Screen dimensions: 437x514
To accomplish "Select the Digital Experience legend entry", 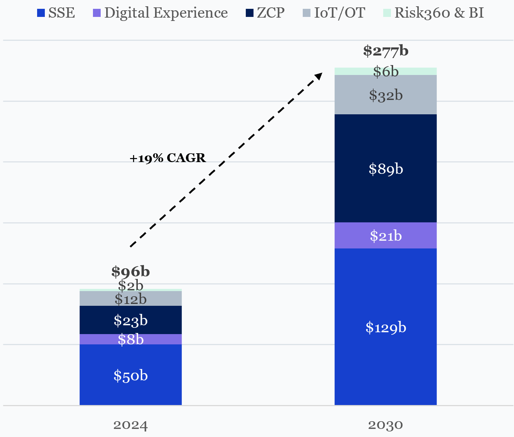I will click(x=161, y=13).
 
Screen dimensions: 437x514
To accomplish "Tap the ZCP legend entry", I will click(x=265, y=13).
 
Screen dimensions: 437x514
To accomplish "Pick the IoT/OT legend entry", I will click(x=334, y=13).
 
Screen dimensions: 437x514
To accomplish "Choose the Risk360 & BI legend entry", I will click(x=434, y=13).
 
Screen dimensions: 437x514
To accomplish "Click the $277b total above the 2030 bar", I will click(x=385, y=51).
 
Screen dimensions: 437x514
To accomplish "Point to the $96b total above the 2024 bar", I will click(x=130, y=272).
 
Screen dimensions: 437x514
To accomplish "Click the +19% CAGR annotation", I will click(x=168, y=158).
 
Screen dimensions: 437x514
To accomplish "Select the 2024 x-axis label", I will click(x=130, y=426).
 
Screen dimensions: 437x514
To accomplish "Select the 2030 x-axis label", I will click(x=385, y=426).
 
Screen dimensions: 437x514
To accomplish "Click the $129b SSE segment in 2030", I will click(x=385, y=327).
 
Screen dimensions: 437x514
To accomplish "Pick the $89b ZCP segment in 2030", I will click(x=385, y=169).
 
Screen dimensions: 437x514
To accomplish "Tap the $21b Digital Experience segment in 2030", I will click(x=385, y=236).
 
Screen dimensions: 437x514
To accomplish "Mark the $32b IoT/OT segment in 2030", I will click(x=385, y=95).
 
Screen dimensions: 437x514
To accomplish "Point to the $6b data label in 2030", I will click(x=385, y=72).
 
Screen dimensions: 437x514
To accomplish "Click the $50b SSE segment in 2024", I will click(x=130, y=375).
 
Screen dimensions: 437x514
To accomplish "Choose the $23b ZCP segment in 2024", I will click(x=130, y=320).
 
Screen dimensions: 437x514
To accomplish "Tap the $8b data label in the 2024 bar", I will click(x=130, y=340).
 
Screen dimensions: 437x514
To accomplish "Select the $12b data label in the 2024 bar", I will click(x=130, y=299).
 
